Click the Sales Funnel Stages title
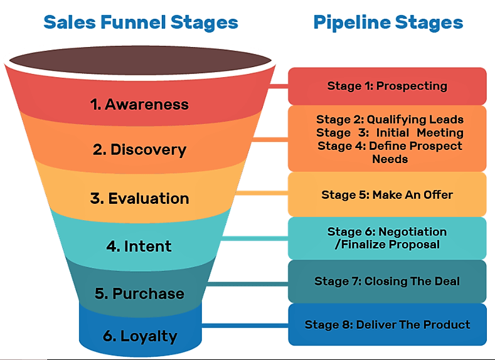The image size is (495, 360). pyautogui.click(x=141, y=23)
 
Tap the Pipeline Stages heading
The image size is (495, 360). pyautogui.click(x=388, y=23)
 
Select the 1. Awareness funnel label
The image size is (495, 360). pyautogui.click(x=139, y=104)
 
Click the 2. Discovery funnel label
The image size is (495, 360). pyautogui.click(x=139, y=150)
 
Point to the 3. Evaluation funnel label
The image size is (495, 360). pyautogui.click(x=139, y=198)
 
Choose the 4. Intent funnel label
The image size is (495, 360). pyautogui.click(x=139, y=246)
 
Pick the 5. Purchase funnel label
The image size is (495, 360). pyautogui.click(x=139, y=293)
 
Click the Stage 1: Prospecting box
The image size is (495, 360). pyautogui.click(x=387, y=86)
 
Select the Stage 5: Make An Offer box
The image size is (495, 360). pyautogui.click(x=387, y=195)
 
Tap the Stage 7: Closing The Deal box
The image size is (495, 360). pyautogui.click(x=387, y=281)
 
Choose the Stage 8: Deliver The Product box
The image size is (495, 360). pyautogui.click(x=387, y=324)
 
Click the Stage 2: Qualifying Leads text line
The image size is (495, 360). pyautogui.click(x=390, y=119)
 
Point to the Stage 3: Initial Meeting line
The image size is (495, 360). pyautogui.click(x=390, y=132)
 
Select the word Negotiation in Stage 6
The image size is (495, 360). pyautogui.click(x=412, y=232)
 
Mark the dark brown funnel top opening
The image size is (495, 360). pyautogui.click(x=141, y=61)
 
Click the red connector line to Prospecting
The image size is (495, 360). pyautogui.click(x=277, y=85)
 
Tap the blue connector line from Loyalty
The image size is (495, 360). pyautogui.click(x=245, y=325)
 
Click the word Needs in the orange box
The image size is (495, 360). pyautogui.click(x=390, y=159)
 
